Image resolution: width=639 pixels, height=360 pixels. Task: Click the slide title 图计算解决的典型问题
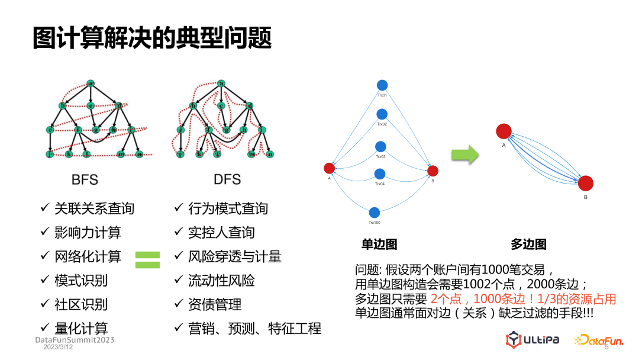[152, 38]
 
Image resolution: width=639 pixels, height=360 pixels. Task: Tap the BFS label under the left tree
[85, 179]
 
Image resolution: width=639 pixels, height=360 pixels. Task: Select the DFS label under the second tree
[227, 179]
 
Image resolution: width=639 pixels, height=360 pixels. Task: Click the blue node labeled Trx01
[382, 85]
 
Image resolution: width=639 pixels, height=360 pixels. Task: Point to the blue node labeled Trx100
[374, 213]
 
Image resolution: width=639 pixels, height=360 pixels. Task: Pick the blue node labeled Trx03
[380, 146]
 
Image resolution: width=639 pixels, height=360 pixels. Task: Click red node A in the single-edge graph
[330, 168]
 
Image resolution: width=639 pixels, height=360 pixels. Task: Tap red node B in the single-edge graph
[433, 171]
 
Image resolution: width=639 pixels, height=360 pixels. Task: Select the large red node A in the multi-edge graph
[504, 131]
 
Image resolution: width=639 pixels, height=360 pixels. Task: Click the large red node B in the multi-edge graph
[585, 184]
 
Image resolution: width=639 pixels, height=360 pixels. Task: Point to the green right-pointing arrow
[465, 156]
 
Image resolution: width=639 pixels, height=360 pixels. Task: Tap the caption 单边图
[379, 244]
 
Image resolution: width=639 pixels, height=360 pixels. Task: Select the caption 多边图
[528, 244]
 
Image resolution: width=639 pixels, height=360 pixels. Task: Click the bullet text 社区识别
[81, 304]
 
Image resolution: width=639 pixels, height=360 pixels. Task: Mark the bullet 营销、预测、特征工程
[254, 329]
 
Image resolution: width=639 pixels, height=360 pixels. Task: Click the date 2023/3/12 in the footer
[59, 348]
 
